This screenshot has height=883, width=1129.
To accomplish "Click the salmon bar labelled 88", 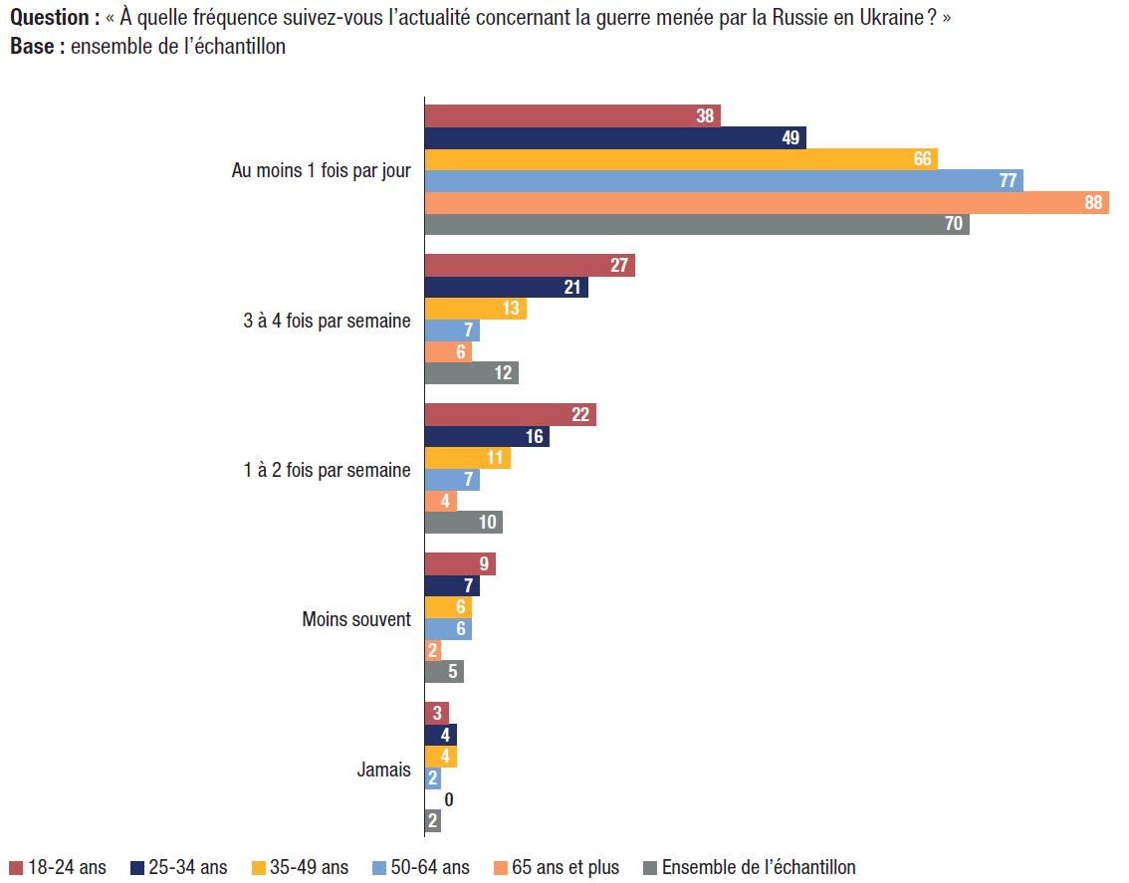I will coord(767,202).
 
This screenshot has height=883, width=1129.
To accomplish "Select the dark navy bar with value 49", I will coord(615,137).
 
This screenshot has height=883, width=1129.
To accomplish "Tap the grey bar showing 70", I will coord(697,224).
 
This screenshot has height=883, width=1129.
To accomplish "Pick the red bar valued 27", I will coord(530,266).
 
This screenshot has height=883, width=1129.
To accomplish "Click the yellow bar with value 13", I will coord(475,309).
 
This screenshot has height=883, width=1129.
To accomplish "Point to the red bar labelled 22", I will coord(510,415).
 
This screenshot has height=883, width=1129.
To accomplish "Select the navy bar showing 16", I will coord(487,437).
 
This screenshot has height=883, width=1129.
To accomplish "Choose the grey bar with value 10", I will coord(463,523).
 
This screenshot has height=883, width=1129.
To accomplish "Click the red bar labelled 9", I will coord(460,564).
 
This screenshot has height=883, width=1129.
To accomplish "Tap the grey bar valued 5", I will coord(444,672).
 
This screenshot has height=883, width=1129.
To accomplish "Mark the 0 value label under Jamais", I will coord(449,799).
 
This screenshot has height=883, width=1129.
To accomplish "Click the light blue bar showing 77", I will coord(724,180).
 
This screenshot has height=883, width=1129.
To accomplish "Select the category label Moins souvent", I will coord(356,619).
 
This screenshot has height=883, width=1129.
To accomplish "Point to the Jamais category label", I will coord(383,769).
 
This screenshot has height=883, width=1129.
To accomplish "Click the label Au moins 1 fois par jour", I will coord(321,171).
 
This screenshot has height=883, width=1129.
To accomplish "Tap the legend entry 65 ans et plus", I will coord(564,867).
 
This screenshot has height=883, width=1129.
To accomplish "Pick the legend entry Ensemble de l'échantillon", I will coord(758,867).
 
